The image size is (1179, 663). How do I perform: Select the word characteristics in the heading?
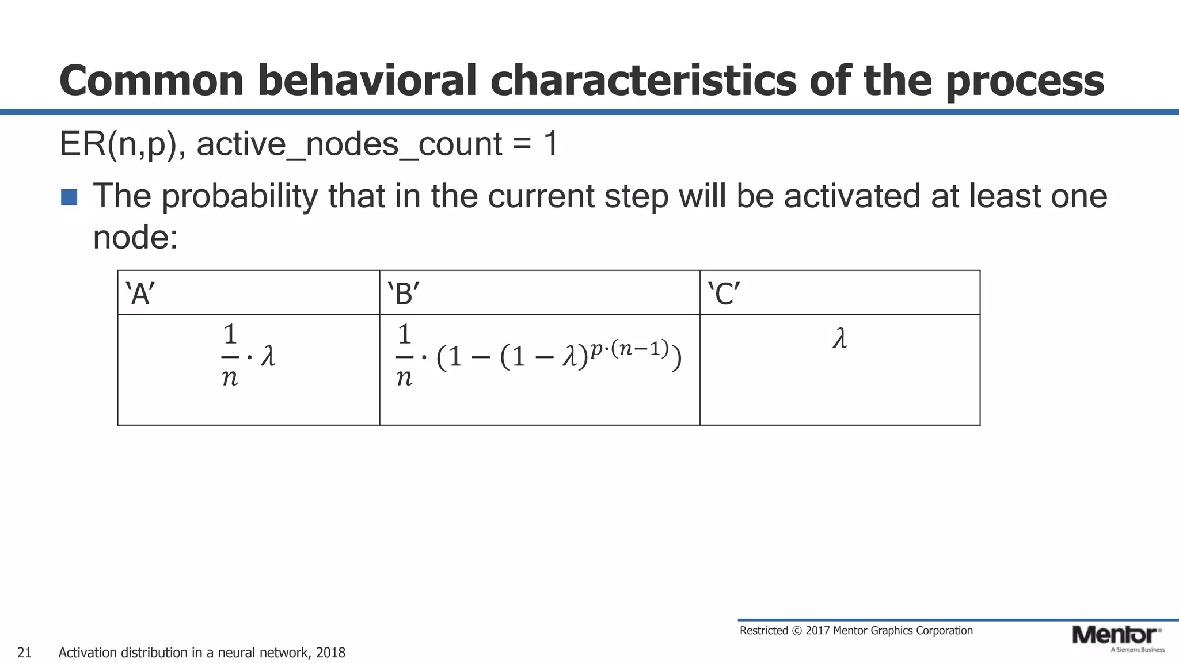point(643,81)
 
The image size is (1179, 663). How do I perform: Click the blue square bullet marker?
point(69,197)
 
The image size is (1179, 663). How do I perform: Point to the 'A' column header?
point(140,294)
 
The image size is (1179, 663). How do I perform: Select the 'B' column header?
point(404,294)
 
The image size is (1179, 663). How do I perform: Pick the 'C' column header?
point(724,294)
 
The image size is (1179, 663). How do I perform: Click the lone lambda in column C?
point(840,339)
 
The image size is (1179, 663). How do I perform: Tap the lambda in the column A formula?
point(268,356)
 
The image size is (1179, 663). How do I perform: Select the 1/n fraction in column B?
point(405,355)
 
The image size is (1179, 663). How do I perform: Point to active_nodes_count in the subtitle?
point(349,144)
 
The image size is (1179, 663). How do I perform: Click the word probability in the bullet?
point(238,196)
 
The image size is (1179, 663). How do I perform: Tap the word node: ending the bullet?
point(135,237)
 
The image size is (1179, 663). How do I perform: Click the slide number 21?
point(24,653)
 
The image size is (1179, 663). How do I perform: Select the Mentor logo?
point(1117,637)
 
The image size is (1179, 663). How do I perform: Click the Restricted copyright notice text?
point(855,631)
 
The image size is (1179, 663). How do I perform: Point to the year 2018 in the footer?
point(330,653)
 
